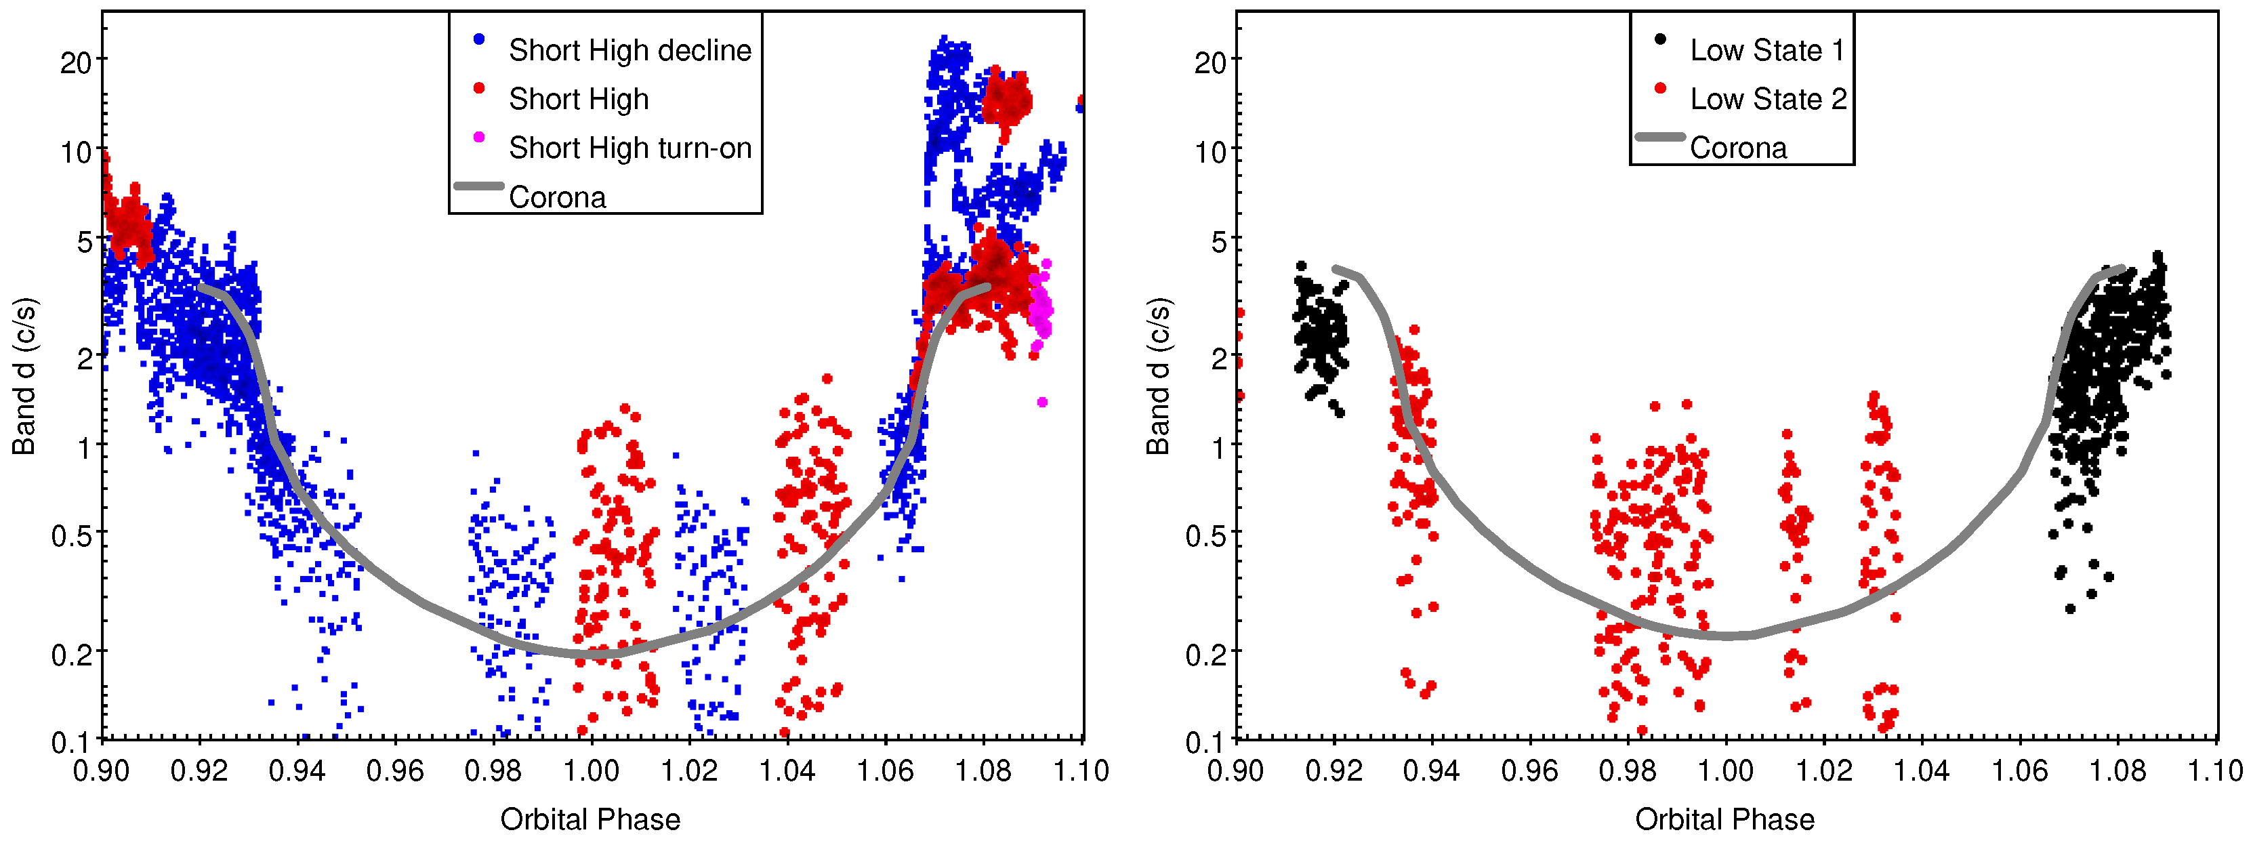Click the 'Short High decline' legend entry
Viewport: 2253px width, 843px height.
click(629, 51)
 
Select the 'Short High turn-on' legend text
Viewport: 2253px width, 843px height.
click(629, 148)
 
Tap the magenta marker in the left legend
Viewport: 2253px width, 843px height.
click(478, 138)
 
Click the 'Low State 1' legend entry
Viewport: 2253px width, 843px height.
click(1766, 51)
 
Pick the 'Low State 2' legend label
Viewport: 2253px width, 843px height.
click(1766, 100)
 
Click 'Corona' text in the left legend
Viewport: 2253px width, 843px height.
click(557, 198)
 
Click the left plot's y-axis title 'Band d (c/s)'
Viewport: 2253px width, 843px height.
click(24, 376)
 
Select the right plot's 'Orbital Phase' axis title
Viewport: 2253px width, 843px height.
click(1724, 819)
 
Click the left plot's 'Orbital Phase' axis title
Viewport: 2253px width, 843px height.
click(590, 819)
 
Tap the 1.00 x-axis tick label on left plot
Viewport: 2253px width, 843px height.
click(592, 771)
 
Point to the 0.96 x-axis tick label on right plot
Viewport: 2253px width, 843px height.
click(1529, 771)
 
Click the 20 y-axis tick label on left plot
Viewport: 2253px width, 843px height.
click(76, 63)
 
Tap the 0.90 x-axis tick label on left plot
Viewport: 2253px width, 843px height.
click(102, 771)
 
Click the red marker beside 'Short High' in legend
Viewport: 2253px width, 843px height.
click(478, 88)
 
